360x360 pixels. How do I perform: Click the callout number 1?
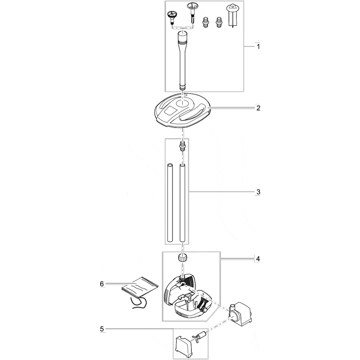coord(258,47)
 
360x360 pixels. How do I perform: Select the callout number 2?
coord(258,108)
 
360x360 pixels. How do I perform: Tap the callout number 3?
coord(258,192)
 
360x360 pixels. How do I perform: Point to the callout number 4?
coord(258,259)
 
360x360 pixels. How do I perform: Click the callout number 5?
coord(102,329)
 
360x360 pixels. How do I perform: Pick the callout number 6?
coord(102,284)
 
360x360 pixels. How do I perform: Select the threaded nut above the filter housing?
coord(182,257)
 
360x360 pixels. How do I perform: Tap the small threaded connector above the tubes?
coord(182,146)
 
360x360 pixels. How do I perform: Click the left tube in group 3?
coord(170,202)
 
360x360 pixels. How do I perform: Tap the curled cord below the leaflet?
coord(139,303)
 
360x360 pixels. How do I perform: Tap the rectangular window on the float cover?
coord(170,111)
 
